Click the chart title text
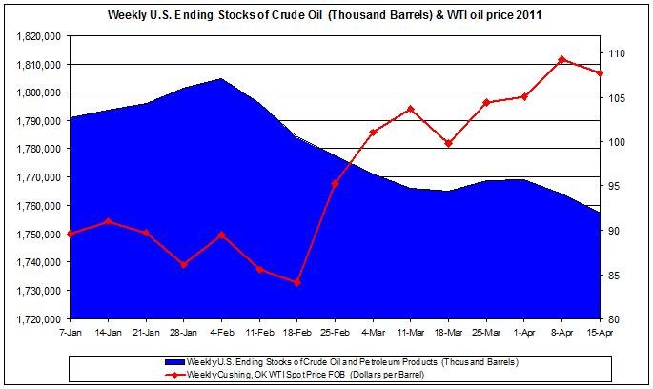[x=326, y=15]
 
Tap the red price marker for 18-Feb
[x=297, y=282]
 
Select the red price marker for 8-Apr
[x=561, y=59]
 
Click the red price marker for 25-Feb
[x=335, y=183]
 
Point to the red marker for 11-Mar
[x=411, y=109]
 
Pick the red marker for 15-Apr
[x=599, y=73]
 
